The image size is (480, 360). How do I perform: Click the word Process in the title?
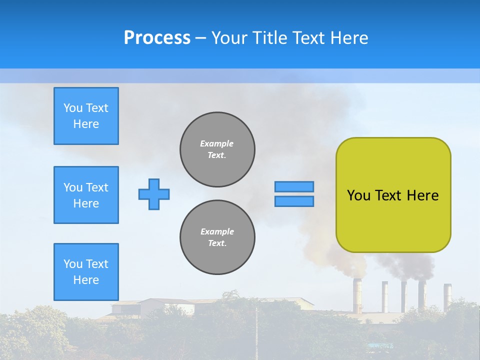[x=157, y=38]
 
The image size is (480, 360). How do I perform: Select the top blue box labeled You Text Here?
[x=86, y=116]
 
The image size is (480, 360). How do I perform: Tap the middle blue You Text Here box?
[x=86, y=195]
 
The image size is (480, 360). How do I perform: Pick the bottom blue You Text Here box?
[x=86, y=272]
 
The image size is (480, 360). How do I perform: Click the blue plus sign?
[x=154, y=194]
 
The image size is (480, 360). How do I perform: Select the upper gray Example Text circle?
[x=217, y=149]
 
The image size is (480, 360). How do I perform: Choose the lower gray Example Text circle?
[x=217, y=237]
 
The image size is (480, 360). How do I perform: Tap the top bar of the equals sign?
[x=294, y=186]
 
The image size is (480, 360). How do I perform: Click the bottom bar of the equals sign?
[x=294, y=201]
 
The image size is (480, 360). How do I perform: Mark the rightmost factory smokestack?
[x=447, y=295]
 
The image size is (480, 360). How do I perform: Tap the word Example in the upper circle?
[x=217, y=143]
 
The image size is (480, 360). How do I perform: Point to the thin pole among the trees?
[x=256, y=330]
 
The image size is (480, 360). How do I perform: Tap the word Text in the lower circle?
[x=217, y=243]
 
